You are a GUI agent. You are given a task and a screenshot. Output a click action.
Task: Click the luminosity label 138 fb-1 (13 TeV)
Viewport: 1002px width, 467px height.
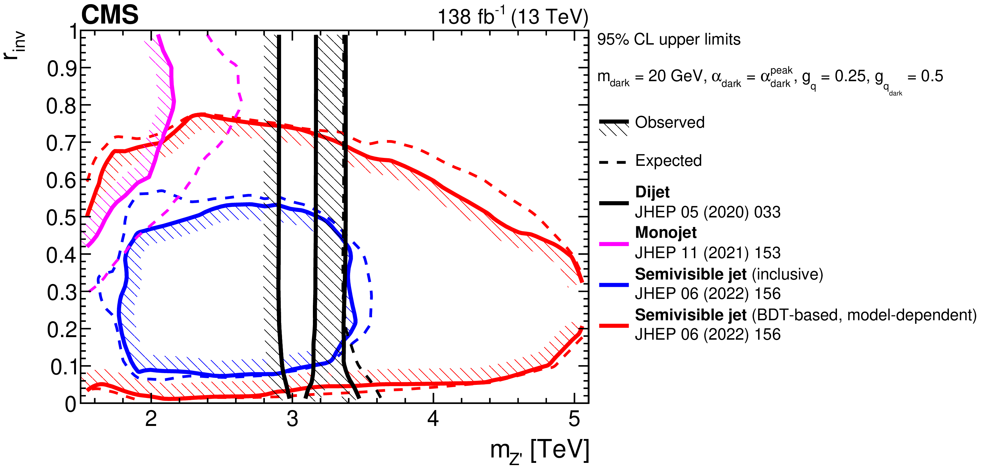click(x=512, y=17)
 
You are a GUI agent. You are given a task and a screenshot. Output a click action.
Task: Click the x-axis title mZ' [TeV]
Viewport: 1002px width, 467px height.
click(x=540, y=450)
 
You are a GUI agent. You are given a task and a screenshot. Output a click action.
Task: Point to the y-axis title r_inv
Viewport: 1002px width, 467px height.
click(x=14, y=46)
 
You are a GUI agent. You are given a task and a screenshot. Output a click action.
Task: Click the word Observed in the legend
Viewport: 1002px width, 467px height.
click(x=669, y=123)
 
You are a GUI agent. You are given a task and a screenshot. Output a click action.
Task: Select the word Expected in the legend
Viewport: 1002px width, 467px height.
click(x=668, y=161)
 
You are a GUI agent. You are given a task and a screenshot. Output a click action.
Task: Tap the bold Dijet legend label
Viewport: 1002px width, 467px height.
click(x=652, y=192)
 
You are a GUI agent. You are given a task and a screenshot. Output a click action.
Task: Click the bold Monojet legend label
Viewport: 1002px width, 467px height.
click(x=666, y=232)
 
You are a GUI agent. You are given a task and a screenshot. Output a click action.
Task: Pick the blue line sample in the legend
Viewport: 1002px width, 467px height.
click(x=614, y=285)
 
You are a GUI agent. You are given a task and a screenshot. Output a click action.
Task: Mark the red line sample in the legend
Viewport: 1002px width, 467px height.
click(x=614, y=326)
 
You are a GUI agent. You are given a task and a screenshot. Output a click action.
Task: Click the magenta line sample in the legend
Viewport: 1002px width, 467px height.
click(x=614, y=244)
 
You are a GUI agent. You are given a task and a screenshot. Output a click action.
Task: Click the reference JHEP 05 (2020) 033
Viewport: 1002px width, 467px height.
click(x=708, y=212)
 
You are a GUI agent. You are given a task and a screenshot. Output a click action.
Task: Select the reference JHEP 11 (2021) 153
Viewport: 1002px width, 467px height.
click(x=708, y=253)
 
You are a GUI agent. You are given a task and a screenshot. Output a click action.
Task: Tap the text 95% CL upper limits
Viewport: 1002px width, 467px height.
click(x=669, y=40)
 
